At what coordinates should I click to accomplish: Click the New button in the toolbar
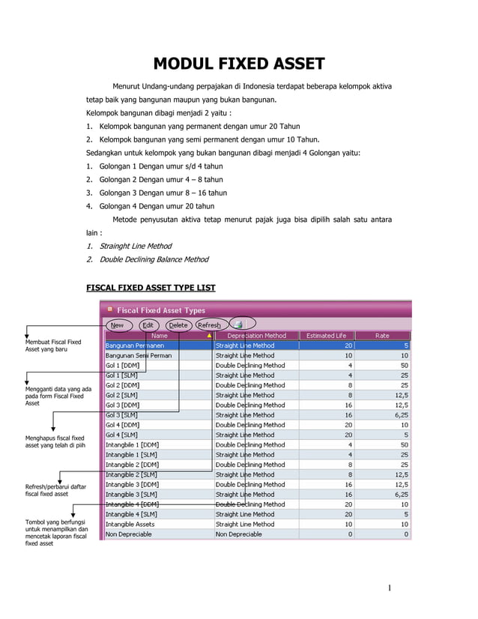118,325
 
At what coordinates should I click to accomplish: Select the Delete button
178,325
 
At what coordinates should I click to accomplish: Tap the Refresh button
208,325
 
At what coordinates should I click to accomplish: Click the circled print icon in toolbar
238,324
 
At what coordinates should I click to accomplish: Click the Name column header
159,336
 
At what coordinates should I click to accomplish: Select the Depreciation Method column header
256,336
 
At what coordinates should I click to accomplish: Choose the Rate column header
382,336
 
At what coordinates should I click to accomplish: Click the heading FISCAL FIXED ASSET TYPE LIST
151,288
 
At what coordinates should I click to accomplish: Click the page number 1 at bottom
390,587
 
